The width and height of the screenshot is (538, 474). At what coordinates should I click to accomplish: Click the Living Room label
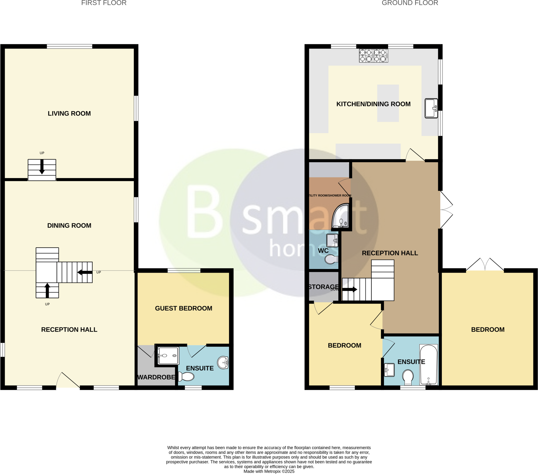69,114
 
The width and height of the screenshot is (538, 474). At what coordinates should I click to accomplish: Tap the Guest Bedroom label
183,308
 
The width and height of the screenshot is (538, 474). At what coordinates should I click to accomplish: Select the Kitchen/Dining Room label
373,104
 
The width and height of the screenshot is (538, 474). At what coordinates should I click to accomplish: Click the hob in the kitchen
374,56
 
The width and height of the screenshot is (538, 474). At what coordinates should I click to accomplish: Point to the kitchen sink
431,108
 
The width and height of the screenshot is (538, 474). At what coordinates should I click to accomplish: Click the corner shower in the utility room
341,216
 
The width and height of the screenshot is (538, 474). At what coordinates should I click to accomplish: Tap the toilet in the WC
331,260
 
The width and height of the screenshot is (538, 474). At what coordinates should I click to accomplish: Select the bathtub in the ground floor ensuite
428,365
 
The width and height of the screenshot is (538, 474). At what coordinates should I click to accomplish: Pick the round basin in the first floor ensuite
223,363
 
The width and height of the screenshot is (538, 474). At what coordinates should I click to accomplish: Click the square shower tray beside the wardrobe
168,356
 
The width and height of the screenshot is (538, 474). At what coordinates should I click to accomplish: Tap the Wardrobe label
156,377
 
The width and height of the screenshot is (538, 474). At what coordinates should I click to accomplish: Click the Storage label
323,287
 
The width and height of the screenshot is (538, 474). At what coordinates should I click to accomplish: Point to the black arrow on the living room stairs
42,167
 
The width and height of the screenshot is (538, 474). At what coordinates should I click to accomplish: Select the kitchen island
388,103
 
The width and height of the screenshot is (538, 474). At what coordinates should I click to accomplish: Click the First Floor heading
104,3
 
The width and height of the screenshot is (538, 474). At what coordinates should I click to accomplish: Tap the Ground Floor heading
410,3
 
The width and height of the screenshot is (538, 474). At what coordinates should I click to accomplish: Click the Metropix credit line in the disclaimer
269,471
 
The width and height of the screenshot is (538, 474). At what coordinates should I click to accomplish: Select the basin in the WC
332,240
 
